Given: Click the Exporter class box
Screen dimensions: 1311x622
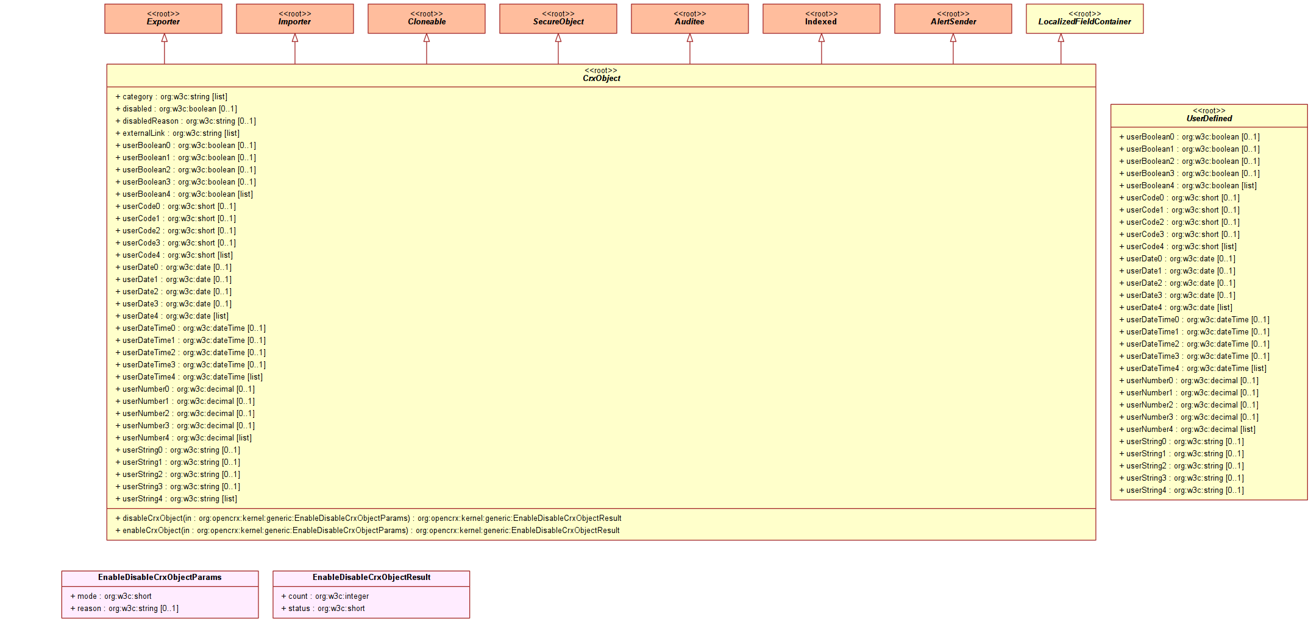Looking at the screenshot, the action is pos(163,18).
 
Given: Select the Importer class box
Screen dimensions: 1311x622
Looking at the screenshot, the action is pos(295,18).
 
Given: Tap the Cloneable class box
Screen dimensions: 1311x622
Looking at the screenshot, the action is pos(427,18).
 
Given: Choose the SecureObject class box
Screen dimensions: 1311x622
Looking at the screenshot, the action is pos(558,18).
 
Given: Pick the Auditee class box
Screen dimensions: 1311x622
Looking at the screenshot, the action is pos(690,18).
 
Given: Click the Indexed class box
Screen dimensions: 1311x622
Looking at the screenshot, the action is pos(822,18).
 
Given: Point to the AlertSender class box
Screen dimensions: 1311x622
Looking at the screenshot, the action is pos(953,18).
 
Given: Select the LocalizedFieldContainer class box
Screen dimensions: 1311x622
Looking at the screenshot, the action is pos(1085,18).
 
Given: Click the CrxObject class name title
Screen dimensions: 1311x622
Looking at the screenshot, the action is pos(602,79).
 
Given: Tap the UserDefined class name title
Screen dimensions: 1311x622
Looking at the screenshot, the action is pos(1209,119).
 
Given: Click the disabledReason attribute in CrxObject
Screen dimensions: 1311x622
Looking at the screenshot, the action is pos(186,121).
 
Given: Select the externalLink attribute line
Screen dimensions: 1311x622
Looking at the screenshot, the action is pos(177,133).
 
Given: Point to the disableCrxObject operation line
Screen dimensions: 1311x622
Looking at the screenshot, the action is pos(369,518).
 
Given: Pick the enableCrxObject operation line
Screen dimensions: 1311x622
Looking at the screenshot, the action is pos(368,531).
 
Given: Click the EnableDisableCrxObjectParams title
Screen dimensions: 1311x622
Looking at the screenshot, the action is pos(160,578).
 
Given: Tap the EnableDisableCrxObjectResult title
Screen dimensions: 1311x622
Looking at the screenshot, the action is pos(371,578).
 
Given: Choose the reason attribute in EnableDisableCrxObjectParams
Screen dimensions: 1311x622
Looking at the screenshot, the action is pos(124,609).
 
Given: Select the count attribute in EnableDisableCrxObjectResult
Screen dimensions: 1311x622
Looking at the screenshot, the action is pos(325,596).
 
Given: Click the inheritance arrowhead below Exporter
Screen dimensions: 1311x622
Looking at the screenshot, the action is pos(165,38).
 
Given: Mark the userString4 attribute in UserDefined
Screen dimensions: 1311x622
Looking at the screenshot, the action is pos(1181,490).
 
